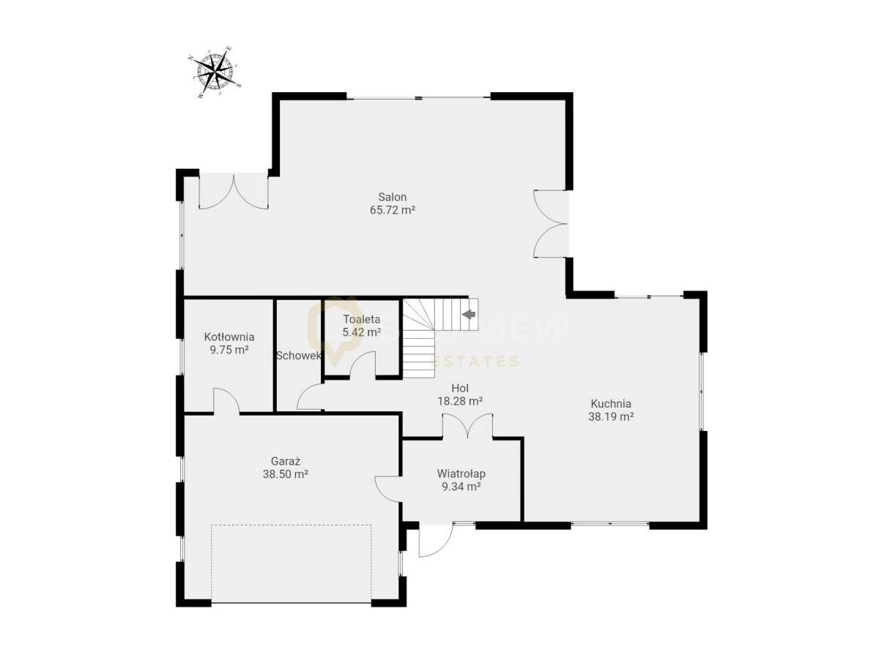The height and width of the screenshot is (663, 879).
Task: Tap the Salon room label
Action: click(x=392, y=197)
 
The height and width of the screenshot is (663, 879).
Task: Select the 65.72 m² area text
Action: click(x=392, y=210)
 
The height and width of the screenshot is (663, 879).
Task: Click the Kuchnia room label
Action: click(x=610, y=403)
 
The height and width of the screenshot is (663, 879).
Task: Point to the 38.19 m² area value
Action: click(x=610, y=416)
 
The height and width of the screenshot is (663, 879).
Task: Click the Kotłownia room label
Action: click(x=229, y=337)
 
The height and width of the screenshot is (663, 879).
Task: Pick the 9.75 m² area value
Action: click(x=229, y=350)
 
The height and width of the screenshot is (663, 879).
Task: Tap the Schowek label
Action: click(x=298, y=356)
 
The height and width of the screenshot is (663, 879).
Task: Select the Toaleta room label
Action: click(x=362, y=319)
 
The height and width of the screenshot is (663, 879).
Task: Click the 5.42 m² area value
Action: click(x=362, y=332)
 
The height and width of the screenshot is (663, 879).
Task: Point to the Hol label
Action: click(x=459, y=388)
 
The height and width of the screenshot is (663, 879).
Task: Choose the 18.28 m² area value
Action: click(x=459, y=401)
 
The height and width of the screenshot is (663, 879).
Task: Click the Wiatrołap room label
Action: click(x=461, y=473)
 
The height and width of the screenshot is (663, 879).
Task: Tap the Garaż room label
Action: click(x=285, y=461)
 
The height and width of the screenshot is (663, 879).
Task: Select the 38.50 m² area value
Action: click(x=285, y=474)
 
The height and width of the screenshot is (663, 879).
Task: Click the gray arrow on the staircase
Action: click(x=468, y=314)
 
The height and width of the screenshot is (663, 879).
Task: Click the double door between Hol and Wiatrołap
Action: click(x=467, y=427)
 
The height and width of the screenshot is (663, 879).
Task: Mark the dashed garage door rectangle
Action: click(x=291, y=563)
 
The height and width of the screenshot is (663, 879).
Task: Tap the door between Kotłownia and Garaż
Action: click(x=226, y=402)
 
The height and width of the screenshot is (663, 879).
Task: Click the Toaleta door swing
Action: click(x=363, y=364)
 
